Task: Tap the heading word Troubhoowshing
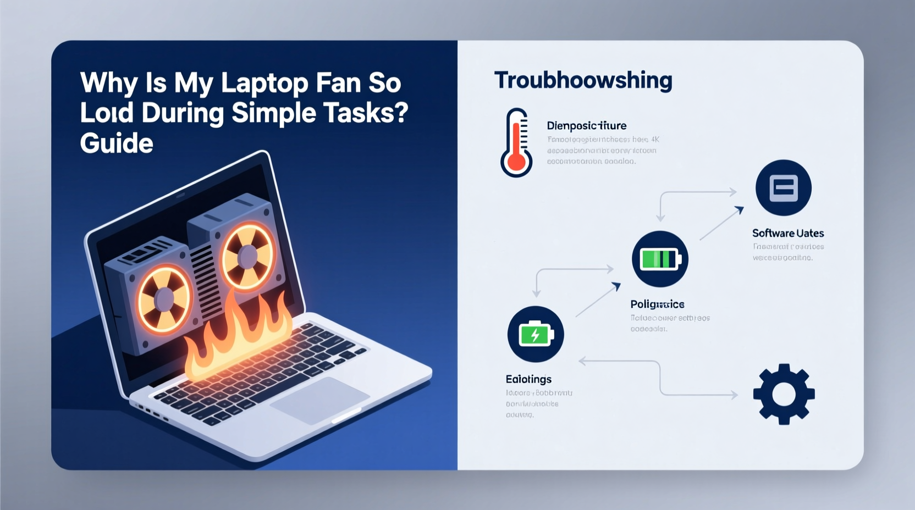[x=583, y=80]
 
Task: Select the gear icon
[x=784, y=394]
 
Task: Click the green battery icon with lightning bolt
[x=536, y=334]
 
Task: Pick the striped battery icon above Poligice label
[x=660, y=259]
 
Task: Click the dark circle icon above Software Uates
[x=784, y=188]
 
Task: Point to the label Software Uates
[x=788, y=233]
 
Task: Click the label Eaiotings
[x=528, y=379]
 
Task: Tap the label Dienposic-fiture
[x=587, y=126]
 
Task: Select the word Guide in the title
[x=117, y=143]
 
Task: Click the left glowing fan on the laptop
[x=164, y=298]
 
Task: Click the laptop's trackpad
[x=319, y=400]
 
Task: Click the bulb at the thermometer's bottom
[x=516, y=162]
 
